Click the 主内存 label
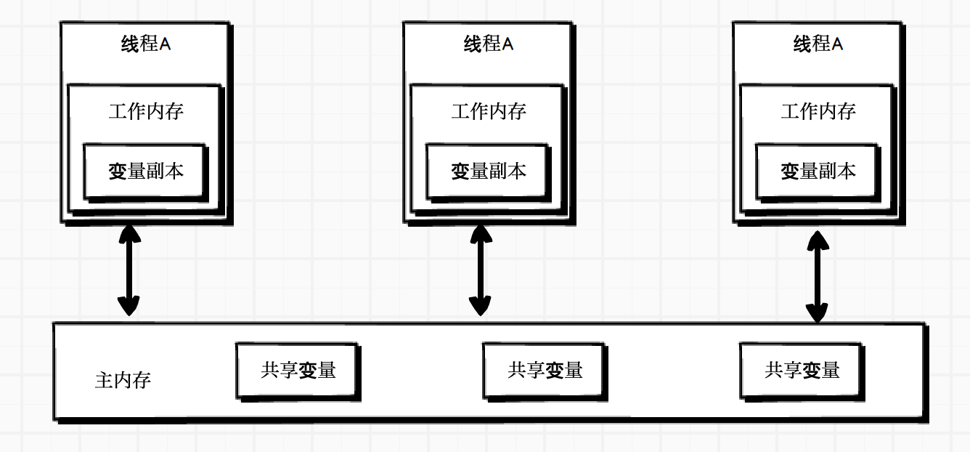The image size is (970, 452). coord(123,380)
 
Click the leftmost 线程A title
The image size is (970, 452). coord(146,44)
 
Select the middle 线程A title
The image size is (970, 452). coord(489,44)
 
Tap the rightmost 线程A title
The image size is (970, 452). coord(818,44)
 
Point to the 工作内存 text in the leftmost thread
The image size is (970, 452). coord(146,111)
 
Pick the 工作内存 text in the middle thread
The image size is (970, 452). coord(489,111)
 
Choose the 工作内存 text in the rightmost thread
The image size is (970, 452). coord(818,111)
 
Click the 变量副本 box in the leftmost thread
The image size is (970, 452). coord(145,171)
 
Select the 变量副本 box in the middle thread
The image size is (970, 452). coord(488,171)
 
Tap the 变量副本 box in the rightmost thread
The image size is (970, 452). coord(818,171)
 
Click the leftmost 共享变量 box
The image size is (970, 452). coord(298,371)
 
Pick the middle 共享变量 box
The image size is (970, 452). coord(545,371)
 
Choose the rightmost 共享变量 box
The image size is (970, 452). coord(802,371)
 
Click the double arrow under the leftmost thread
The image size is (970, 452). coord(129,270)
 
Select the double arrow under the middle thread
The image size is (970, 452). coord(479,270)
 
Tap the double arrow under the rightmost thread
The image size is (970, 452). coord(818,276)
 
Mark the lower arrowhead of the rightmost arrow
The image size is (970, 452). coord(818,312)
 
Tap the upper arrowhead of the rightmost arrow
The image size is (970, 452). coord(818,241)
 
